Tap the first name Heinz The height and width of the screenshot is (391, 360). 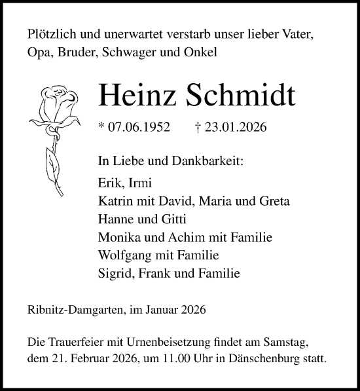[134, 96]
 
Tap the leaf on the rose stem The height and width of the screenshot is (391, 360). [50, 160]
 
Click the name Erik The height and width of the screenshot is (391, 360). [109, 185]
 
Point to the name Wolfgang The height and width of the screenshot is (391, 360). [124, 255]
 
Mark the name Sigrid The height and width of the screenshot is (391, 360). [113, 272]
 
